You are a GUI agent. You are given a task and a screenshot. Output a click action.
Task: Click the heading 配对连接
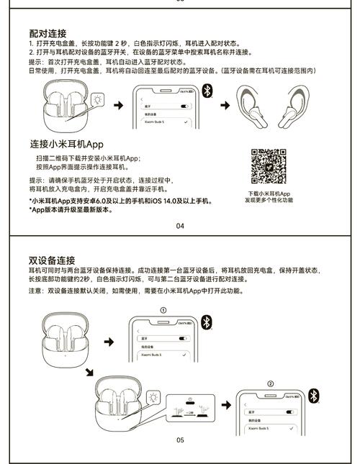point(48,34)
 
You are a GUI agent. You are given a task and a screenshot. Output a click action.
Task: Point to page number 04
point(179,226)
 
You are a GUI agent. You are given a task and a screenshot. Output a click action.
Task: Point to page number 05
point(180,440)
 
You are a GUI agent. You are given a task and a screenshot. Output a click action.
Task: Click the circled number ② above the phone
point(271,384)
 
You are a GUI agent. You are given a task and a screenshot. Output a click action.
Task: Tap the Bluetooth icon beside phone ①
point(206,322)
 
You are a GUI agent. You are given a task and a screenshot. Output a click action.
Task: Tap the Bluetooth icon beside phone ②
point(313,396)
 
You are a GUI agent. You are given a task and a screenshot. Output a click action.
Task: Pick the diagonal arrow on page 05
point(89,371)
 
